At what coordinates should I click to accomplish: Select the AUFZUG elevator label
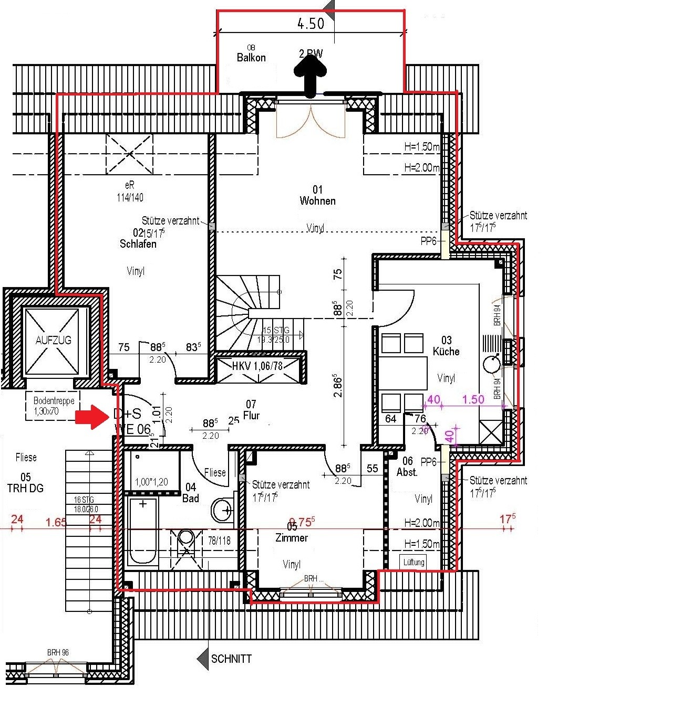coord(53,340)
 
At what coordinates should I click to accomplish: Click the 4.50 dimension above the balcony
coord(311,24)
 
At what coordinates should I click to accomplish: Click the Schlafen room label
coord(138,244)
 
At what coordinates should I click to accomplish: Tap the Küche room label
coord(446,352)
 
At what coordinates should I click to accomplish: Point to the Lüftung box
coord(414,562)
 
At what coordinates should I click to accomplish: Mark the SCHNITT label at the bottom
coord(231,659)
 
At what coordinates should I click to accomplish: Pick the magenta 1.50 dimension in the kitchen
coord(472,399)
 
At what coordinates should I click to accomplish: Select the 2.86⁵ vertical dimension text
coord(338,386)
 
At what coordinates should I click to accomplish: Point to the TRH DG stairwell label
coord(25,488)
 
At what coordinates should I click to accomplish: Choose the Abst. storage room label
coord(407,472)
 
